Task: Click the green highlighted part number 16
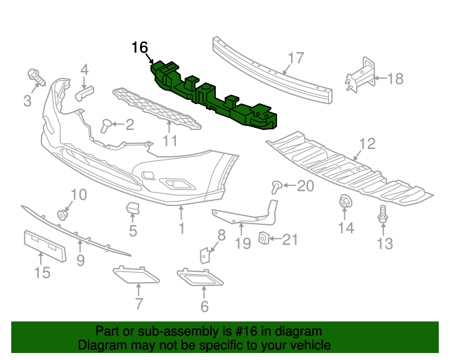[x=214, y=98]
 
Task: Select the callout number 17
[x=295, y=58]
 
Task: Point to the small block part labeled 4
[x=84, y=94]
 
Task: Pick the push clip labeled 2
[x=107, y=125]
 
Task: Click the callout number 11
[x=169, y=141]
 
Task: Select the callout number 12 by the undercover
[x=368, y=145]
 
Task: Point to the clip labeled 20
[x=278, y=186]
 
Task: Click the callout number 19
[x=242, y=244]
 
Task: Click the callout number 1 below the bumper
[x=181, y=229]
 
